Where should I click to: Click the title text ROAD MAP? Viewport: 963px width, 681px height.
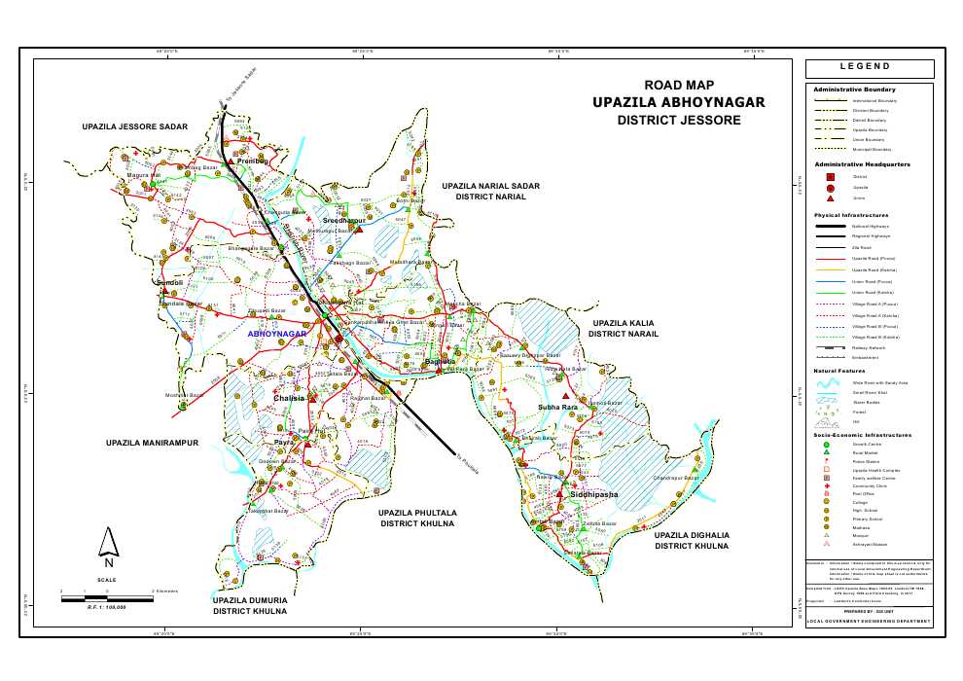point(679,85)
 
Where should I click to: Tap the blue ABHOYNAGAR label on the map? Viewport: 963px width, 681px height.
point(277,334)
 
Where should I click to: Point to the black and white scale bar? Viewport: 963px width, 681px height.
point(106,597)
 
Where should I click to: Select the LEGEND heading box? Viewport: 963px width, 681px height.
point(870,68)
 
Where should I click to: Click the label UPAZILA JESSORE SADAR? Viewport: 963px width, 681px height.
point(134,127)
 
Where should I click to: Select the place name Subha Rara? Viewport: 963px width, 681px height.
point(557,407)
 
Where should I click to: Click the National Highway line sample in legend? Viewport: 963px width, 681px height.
point(830,226)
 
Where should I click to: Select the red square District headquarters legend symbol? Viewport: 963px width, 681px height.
point(830,177)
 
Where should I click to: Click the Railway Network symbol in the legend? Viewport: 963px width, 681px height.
point(830,346)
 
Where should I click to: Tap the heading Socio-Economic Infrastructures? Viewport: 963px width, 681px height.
point(862,435)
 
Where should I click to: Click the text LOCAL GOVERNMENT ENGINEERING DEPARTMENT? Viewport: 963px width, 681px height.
point(870,621)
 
